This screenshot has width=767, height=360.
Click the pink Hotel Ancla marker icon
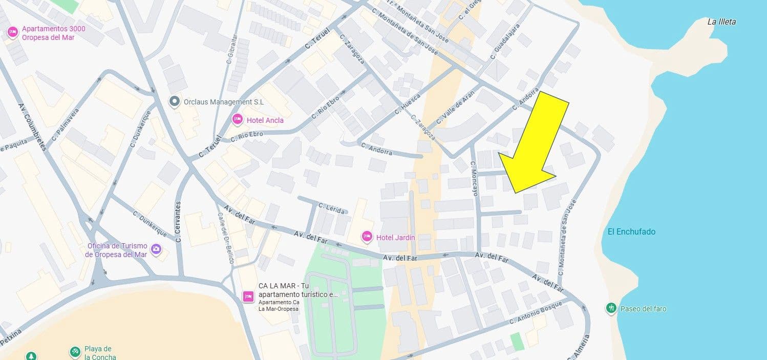pos(237,120)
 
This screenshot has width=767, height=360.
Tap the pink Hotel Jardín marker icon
pos(367,237)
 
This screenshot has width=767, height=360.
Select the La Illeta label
pos(721,22)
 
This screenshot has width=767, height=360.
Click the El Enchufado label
pos(631,231)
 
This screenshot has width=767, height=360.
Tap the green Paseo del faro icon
pos(611,308)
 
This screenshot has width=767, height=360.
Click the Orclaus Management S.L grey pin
pos(175,102)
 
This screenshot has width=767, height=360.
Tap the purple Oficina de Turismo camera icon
pos(156,250)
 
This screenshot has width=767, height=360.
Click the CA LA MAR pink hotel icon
pos(248,297)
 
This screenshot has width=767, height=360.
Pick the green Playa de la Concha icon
pos(75,352)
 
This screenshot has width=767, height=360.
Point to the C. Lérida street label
pos(333,208)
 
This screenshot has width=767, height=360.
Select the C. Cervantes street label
pos(178,222)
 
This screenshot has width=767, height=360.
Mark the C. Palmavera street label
pos(65,125)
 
